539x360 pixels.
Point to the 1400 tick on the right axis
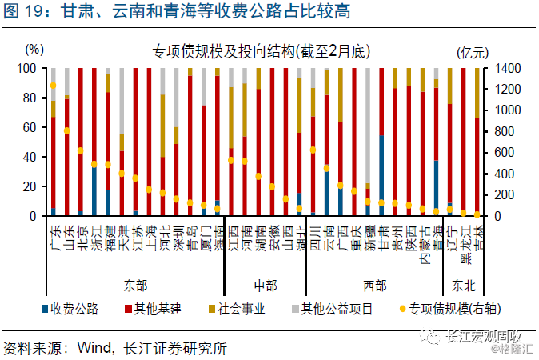pyautogui.click(x=509, y=69)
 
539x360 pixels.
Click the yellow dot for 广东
pyautogui.click(x=54, y=86)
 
